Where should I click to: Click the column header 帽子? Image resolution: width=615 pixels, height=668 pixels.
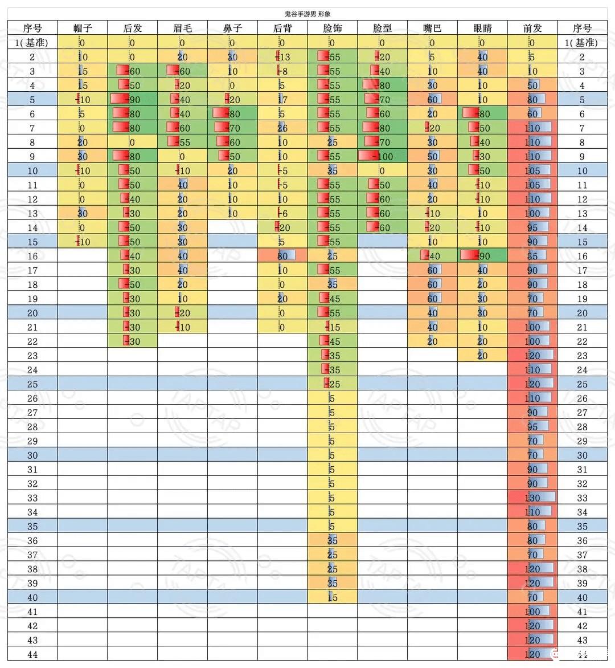(x=83, y=27)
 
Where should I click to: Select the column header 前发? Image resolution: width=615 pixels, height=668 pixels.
(x=532, y=27)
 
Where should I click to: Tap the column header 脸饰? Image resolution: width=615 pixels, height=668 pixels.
(x=332, y=27)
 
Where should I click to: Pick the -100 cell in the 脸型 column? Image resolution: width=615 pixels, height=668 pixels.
(x=382, y=156)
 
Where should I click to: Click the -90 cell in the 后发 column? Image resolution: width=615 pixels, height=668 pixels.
(x=132, y=99)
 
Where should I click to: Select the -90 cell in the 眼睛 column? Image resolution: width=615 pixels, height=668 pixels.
(x=482, y=256)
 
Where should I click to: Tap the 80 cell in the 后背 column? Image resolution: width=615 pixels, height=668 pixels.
(x=282, y=256)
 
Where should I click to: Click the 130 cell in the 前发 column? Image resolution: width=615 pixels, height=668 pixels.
(x=532, y=498)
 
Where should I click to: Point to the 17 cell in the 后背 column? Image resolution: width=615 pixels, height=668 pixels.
(x=282, y=99)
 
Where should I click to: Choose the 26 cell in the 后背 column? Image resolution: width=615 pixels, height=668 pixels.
(x=282, y=128)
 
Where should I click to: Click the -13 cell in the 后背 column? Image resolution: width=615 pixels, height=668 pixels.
(x=282, y=56)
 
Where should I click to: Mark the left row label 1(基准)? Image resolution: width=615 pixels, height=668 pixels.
(x=32, y=42)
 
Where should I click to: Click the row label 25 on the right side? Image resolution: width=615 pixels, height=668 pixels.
(x=582, y=384)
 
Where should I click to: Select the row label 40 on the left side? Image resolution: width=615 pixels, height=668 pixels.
(x=32, y=597)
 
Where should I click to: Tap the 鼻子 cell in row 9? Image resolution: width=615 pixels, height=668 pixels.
(x=232, y=156)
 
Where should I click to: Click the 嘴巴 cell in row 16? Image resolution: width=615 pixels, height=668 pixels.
(x=432, y=256)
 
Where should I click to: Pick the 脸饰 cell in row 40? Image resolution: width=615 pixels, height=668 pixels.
(x=332, y=597)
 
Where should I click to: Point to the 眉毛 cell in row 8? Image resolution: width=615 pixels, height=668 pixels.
(x=182, y=142)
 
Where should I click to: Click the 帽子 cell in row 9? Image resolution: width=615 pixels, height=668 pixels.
(x=83, y=156)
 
